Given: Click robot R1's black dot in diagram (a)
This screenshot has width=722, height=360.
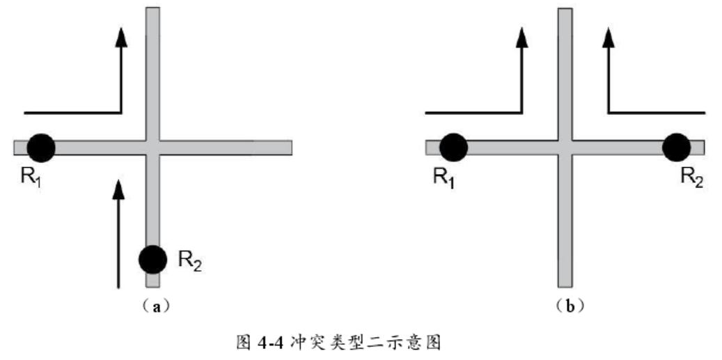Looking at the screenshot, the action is click(x=41, y=147).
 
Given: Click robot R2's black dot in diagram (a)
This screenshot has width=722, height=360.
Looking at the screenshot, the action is click(x=152, y=259).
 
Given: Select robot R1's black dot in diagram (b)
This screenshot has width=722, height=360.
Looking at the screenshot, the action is click(x=453, y=147).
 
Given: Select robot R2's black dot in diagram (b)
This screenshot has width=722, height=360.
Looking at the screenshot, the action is click(x=676, y=147).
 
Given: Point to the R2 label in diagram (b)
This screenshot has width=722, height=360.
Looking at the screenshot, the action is click(x=691, y=176).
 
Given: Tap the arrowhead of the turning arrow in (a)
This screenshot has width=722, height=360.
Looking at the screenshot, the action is click(x=121, y=38).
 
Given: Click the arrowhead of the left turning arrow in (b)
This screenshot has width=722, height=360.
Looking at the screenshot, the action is click(x=522, y=38).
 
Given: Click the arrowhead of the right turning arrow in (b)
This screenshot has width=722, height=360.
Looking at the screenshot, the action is click(x=609, y=38).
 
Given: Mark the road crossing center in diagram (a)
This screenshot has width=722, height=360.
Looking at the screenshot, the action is click(x=152, y=148).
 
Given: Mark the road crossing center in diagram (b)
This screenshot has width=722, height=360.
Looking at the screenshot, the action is click(x=565, y=148).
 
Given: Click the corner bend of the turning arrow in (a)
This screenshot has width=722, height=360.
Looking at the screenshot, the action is click(x=121, y=111).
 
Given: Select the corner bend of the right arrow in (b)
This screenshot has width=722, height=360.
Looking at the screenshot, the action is click(x=609, y=111).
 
